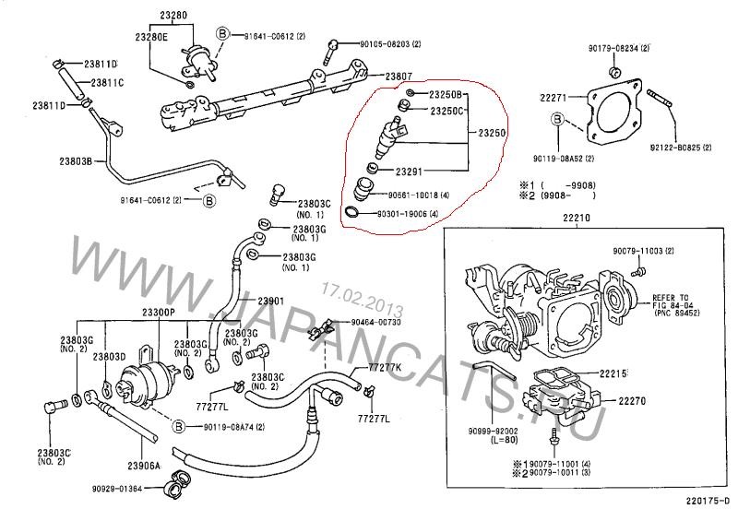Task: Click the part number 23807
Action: click(399, 76)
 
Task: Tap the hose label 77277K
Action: click(386, 367)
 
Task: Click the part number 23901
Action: click(270, 301)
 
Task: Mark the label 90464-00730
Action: click(376, 322)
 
